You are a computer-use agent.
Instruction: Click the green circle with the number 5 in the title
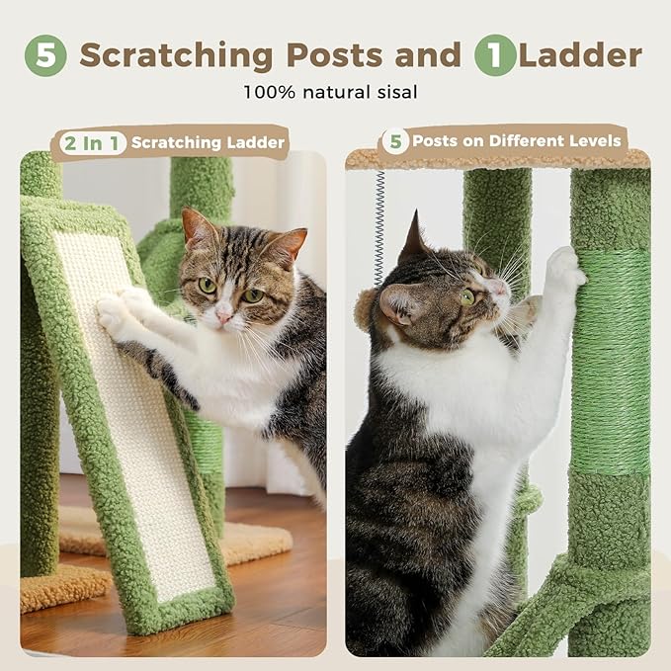[45, 56]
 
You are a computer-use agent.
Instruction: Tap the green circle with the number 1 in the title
[494, 56]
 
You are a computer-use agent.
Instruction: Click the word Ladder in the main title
[581, 55]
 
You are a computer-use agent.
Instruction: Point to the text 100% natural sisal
[331, 93]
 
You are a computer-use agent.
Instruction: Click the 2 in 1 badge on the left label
[91, 143]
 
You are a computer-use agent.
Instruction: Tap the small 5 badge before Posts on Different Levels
[395, 141]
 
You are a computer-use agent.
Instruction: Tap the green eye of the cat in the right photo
[466, 296]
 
